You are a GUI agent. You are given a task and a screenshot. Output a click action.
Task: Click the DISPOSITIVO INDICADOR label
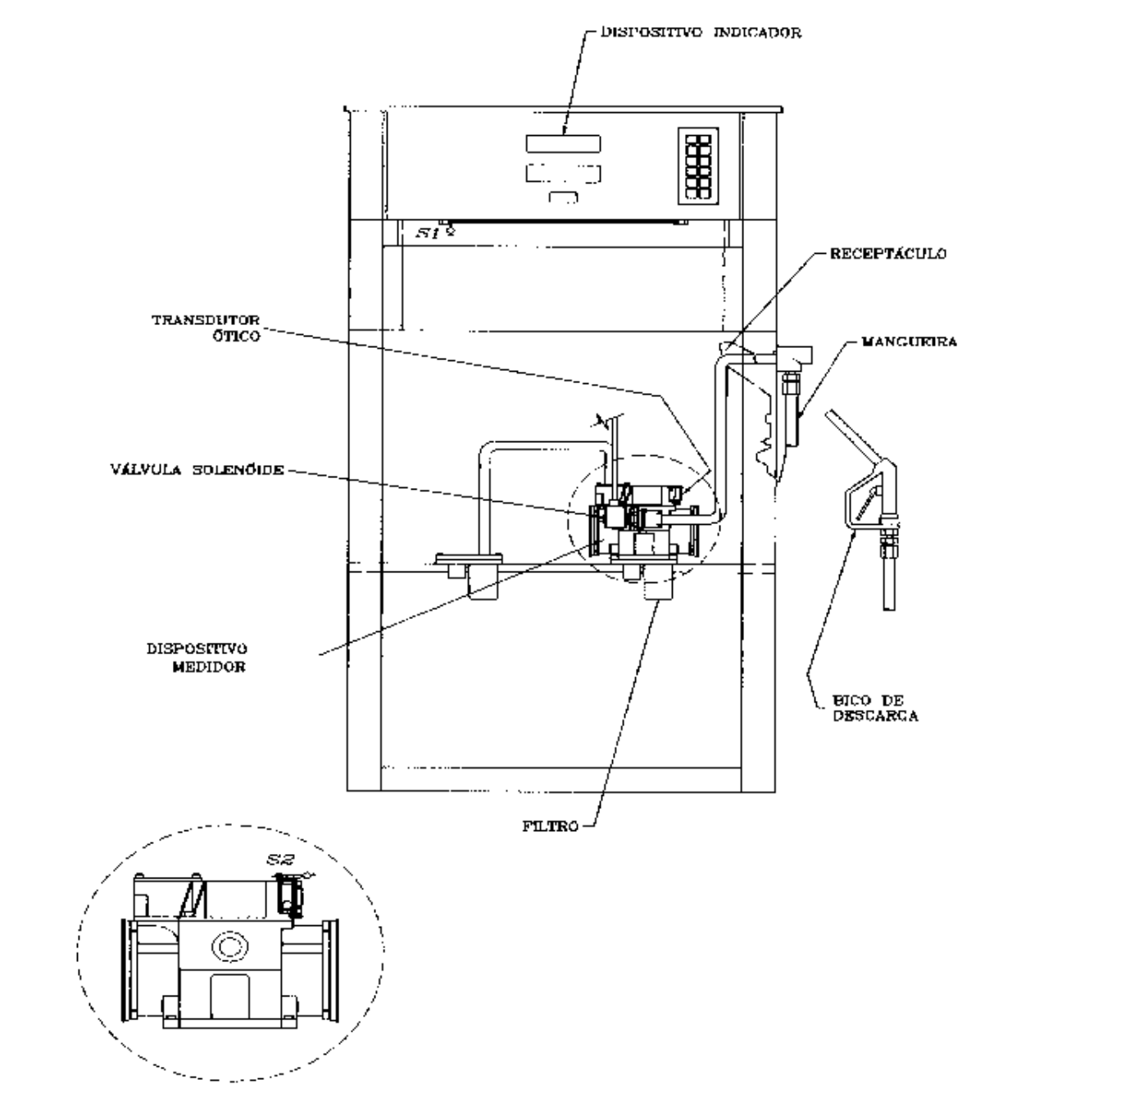pyautogui.click(x=701, y=32)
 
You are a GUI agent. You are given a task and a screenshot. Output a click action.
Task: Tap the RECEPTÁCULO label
pyautogui.click(x=887, y=253)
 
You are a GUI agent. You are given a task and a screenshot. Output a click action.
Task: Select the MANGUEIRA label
pyautogui.click(x=909, y=341)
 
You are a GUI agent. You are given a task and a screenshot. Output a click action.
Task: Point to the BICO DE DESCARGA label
pyautogui.click(x=875, y=708)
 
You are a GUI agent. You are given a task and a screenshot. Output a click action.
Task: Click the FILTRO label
pyautogui.click(x=550, y=826)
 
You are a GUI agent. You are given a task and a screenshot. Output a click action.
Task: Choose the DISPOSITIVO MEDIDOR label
pyautogui.click(x=197, y=657)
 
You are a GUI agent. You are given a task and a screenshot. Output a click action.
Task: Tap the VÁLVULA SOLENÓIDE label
pyautogui.click(x=197, y=469)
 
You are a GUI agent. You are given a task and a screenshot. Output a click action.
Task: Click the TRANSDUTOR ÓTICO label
pyautogui.click(x=206, y=328)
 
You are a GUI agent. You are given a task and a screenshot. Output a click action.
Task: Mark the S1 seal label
pyautogui.click(x=428, y=233)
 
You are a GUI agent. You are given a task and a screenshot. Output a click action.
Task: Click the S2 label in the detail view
pyautogui.click(x=280, y=860)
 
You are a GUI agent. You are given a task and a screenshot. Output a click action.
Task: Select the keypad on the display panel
pyautogui.click(x=698, y=166)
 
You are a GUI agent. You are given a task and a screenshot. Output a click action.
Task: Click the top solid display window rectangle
pyautogui.click(x=563, y=143)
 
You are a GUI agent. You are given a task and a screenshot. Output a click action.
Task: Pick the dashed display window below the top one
pyautogui.click(x=563, y=174)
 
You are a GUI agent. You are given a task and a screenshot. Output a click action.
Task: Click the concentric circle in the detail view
pyautogui.click(x=230, y=946)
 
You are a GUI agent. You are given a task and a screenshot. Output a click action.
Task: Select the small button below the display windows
pyautogui.click(x=563, y=197)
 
